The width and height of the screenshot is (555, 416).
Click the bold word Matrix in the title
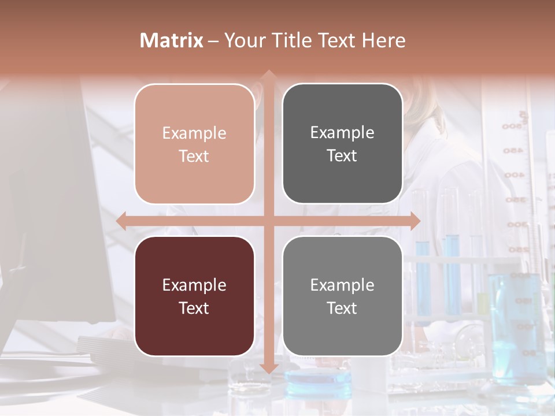pos(172,40)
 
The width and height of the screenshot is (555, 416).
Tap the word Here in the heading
pos(383,40)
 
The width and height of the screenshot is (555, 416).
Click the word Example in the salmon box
pos(194,133)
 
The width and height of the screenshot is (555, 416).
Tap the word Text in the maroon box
pos(194,308)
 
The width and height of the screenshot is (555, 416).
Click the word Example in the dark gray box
pos(342,133)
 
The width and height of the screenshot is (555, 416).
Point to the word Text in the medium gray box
pos(342,308)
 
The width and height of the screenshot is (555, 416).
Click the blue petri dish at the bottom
pos(319,378)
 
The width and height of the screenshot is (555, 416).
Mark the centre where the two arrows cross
pos(268,221)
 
